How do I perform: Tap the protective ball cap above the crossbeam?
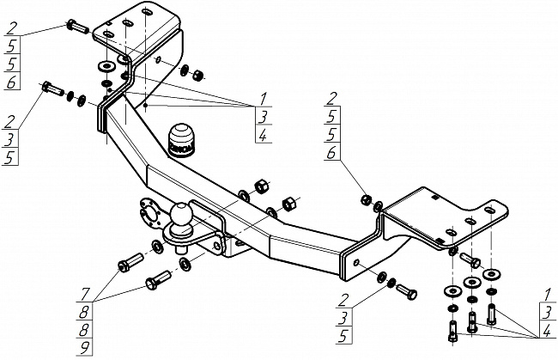click(x=181, y=138)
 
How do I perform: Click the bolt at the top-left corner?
click(x=76, y=27)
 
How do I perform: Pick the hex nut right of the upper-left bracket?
click(x=197, y=74)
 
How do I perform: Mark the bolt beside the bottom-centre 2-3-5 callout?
click(x=409, y=292)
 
